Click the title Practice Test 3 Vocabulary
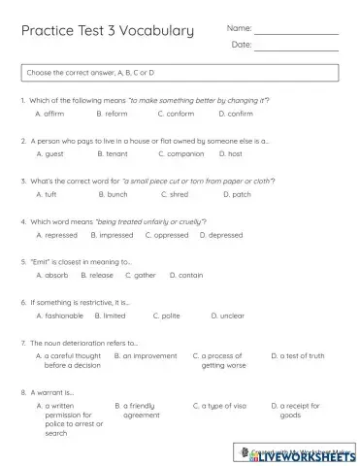(x=107, y=31)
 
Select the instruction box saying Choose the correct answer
(x=180, y=73)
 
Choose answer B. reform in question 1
(x=113, y=114)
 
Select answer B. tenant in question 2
(x=114, y=153)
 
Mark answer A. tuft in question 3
(x=46, y=194)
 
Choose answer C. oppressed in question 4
(x=167, y=235)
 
